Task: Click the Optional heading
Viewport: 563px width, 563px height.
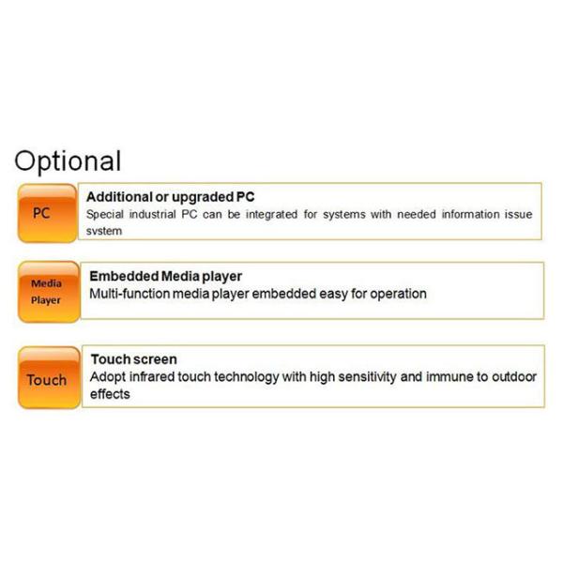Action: [x=68, y=160]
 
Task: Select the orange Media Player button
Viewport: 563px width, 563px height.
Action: [x=46, y=292]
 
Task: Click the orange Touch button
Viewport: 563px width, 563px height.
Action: [x=46, y=380]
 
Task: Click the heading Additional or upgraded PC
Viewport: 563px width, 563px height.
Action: [x=170, y=197]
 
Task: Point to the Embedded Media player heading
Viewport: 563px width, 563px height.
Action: [x=165, y=276]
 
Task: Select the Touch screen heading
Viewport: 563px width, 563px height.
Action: [x=134, y=359]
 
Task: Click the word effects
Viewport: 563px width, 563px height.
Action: [x=111, y=394]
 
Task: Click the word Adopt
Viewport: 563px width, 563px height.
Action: [x=109, y=377]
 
